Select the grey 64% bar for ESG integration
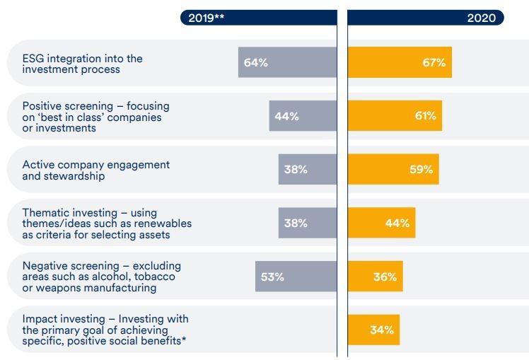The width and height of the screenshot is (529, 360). pos(287,62)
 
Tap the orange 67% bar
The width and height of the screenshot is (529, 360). pos(400,62)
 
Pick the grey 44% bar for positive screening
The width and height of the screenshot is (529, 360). pos(303,116)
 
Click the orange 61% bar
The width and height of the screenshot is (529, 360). pos(395,116)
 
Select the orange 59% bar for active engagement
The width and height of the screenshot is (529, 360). pos(393,170)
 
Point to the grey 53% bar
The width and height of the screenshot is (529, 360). pos(296,277)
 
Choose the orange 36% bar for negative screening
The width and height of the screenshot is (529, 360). pos(375,277)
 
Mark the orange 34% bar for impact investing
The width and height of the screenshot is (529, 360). pos(373,330)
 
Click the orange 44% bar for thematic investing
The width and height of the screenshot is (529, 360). pos(381,223)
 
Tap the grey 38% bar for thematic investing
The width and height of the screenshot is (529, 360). pos(308,223)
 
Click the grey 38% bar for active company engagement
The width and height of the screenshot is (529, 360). pos(308,170)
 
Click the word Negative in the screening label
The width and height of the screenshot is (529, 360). pos(45,266)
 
